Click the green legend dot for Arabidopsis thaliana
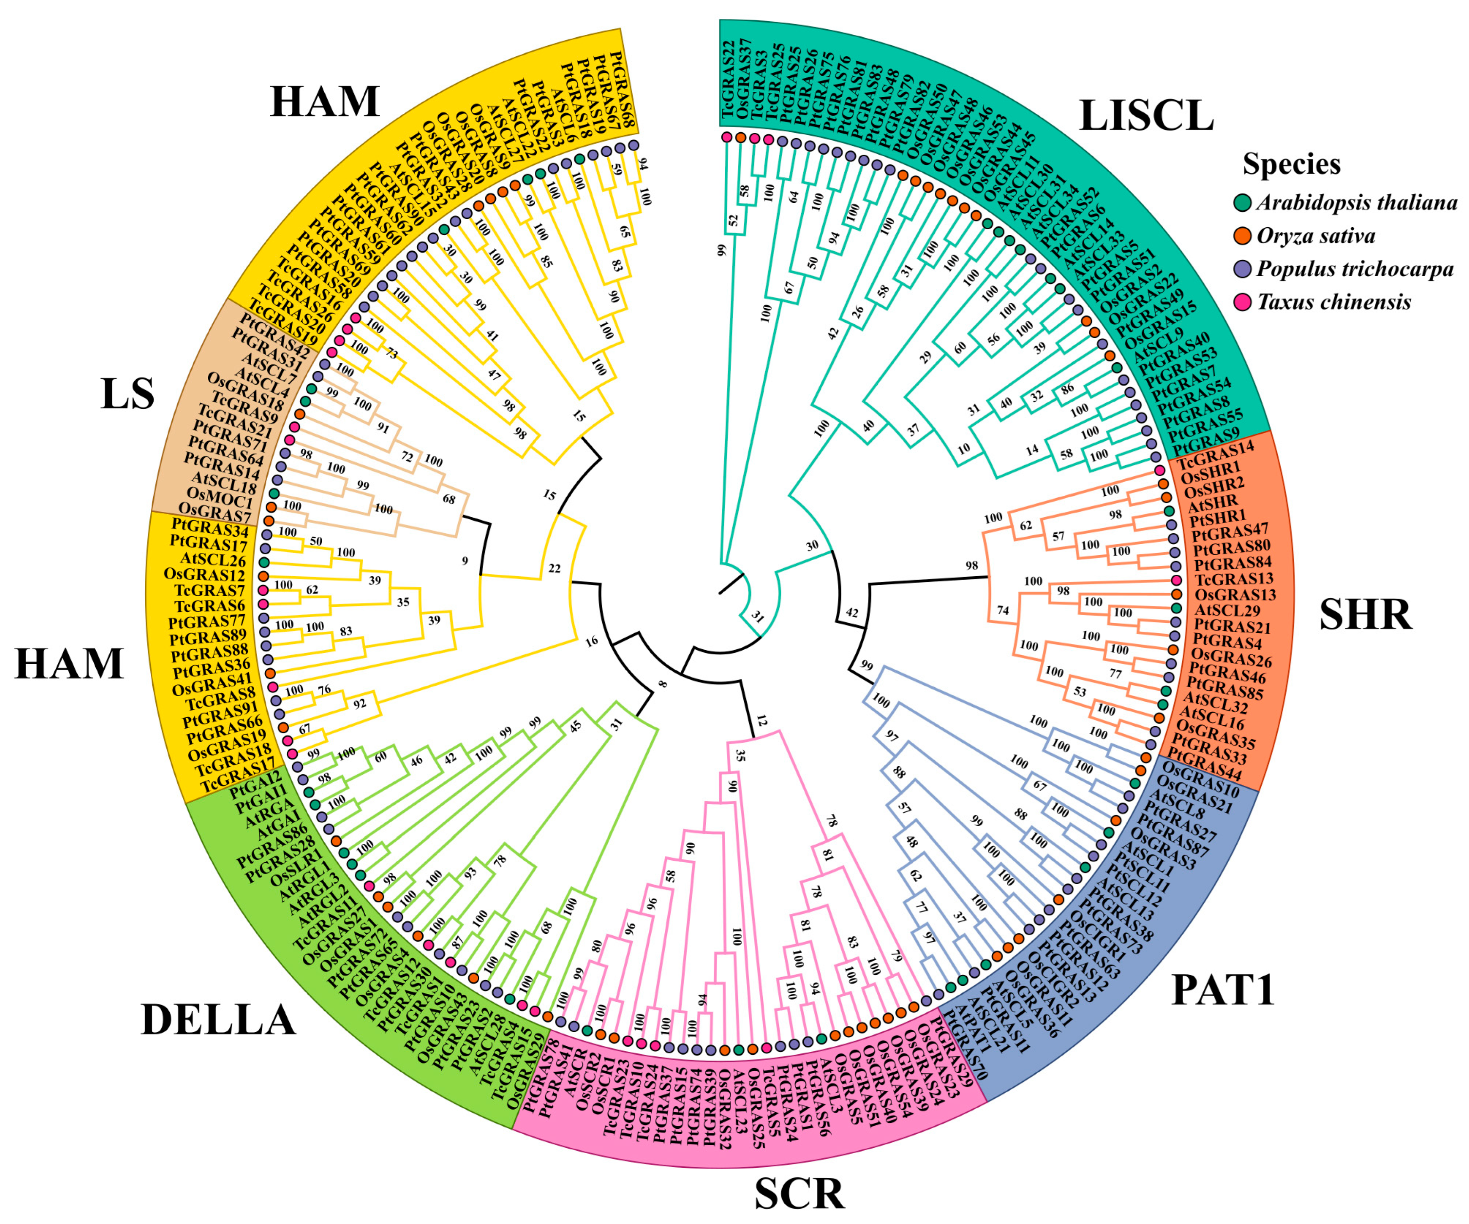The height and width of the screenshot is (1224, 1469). tap(1242, 203)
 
